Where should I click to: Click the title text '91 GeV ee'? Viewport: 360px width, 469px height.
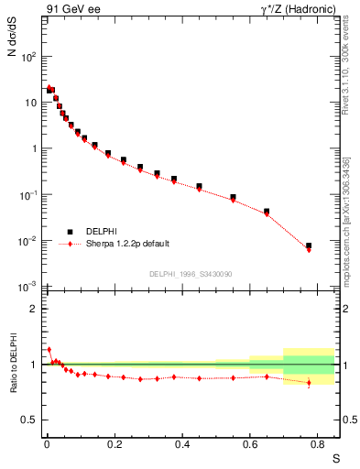tap(71, 9)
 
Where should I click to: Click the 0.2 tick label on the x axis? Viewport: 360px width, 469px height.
tap(115, 446)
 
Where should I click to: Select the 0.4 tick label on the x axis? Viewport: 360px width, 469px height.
tap(182, 446)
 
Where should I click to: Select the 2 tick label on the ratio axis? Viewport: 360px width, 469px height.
tap(35, 309)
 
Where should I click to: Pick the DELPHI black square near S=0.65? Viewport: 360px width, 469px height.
tap(267, 212)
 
